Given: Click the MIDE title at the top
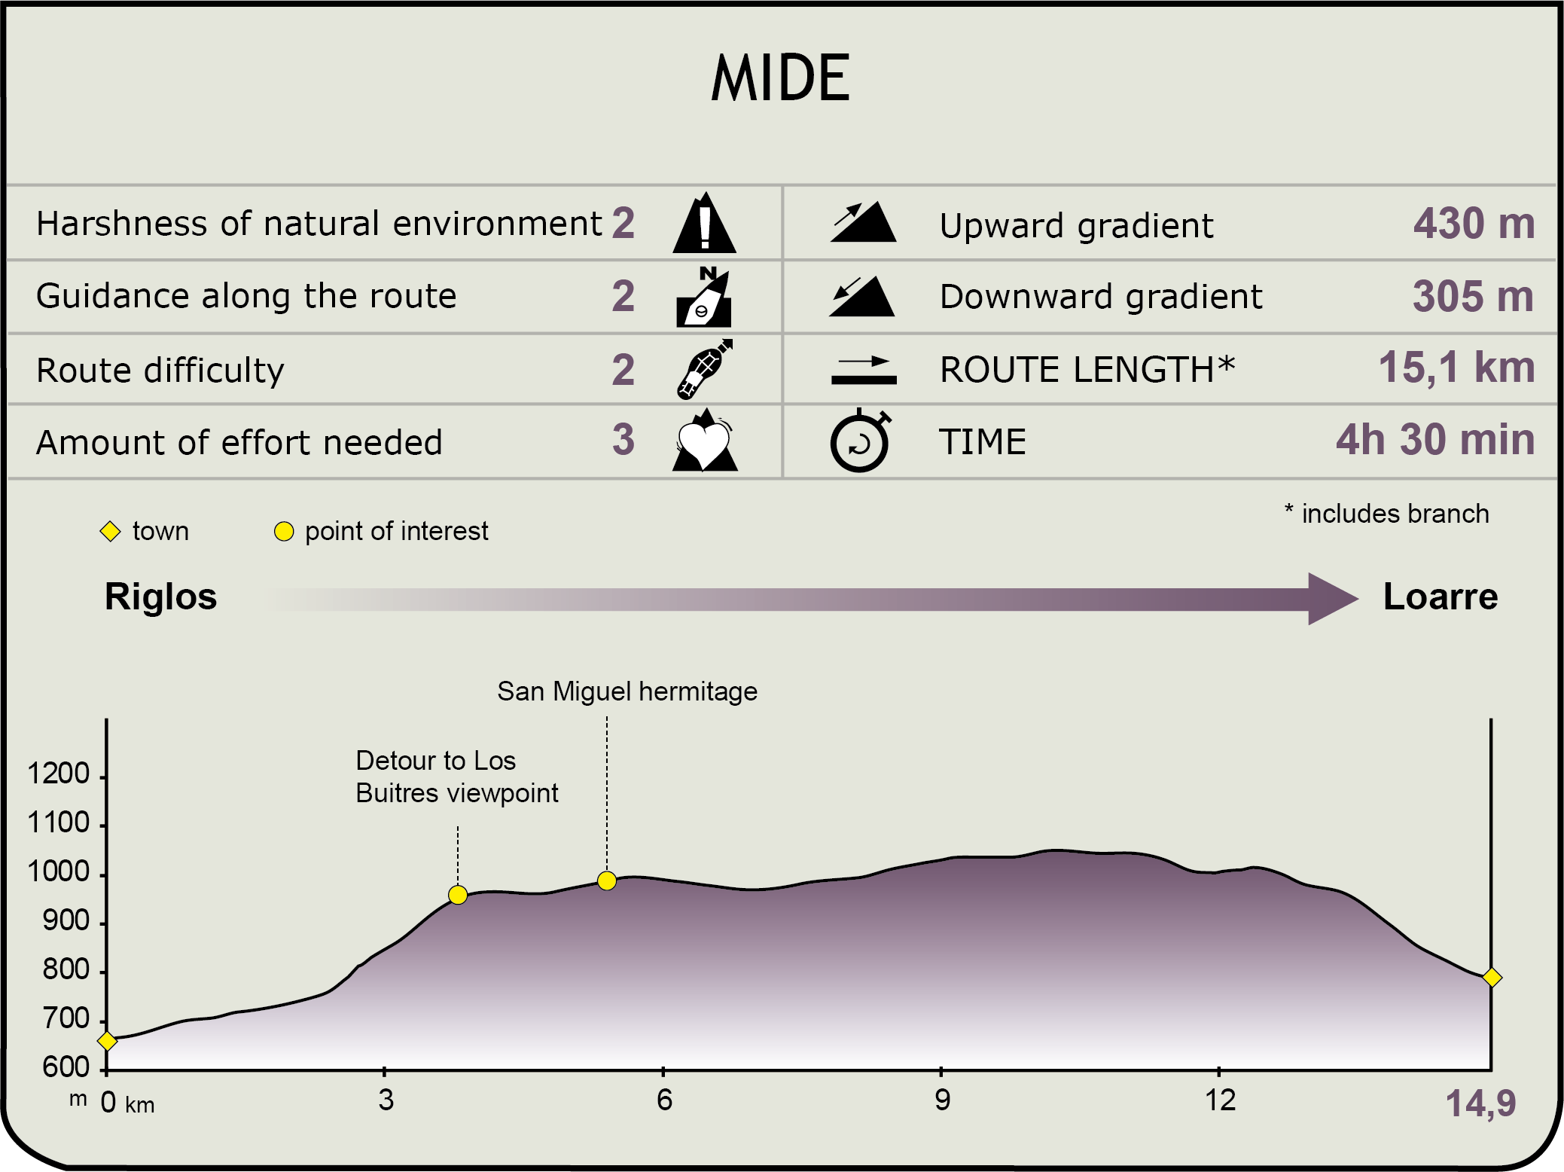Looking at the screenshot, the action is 781,78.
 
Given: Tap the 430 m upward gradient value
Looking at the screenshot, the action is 1474,224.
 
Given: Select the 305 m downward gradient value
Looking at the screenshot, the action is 1473,296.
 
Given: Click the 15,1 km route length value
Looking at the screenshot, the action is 1456,368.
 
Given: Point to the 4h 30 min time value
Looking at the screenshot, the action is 1435,439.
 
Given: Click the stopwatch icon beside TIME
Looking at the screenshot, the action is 860,441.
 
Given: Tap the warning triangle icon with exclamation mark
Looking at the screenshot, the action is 704,222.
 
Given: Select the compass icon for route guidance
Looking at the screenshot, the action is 704,296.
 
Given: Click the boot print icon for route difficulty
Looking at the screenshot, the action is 705,368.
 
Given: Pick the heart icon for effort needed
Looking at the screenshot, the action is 705,441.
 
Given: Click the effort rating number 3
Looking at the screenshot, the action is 623,439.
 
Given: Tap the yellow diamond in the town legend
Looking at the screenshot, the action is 110,531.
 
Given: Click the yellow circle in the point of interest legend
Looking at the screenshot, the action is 284,531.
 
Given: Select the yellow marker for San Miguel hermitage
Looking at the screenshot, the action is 607,881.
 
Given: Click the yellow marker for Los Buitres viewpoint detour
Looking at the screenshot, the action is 458,895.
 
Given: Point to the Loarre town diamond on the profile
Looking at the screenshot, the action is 1492,978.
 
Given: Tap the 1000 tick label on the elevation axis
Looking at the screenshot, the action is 59,871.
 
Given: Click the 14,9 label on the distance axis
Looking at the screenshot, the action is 1480,1104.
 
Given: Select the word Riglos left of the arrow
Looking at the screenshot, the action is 160,597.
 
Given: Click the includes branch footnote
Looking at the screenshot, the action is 1386,514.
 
